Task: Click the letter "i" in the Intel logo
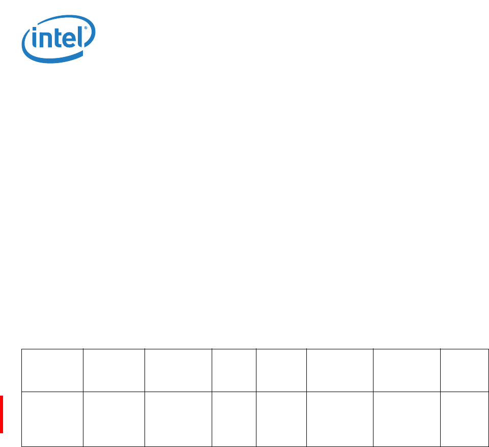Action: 34,38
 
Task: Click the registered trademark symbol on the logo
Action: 86,28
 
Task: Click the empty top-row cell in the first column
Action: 52,370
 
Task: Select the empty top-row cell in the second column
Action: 114,370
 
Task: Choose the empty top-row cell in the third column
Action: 178,370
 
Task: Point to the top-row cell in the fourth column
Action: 234,370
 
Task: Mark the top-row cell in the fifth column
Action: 281,370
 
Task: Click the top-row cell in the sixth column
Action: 339,370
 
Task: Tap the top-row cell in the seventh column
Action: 407,370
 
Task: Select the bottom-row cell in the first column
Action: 52,419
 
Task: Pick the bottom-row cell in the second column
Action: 114,419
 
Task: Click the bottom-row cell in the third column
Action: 178,419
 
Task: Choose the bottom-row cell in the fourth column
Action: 234,419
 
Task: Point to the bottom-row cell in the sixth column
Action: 339,419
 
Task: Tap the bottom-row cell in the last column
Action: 465,419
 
